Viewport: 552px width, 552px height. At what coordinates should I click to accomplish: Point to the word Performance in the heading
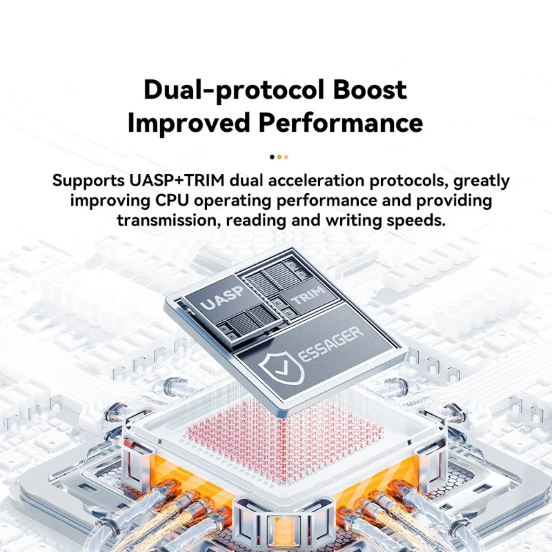click(340, 123)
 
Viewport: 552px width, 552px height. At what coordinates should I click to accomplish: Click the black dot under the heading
click(272, 157)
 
